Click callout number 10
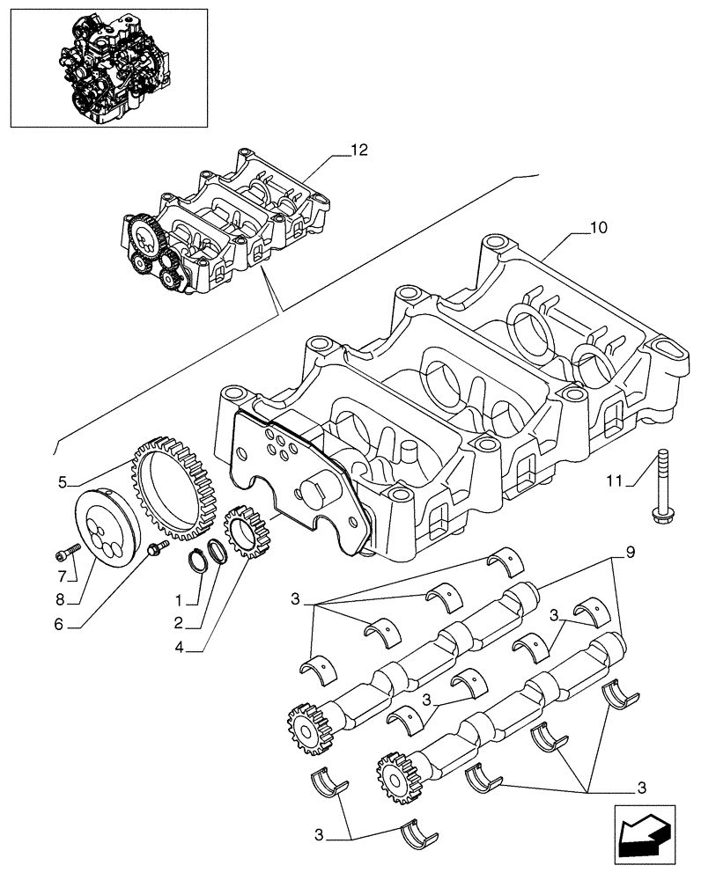[598, 228]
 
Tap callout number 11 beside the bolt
[615, 480]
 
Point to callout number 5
[63, 482]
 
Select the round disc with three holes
[107, 530]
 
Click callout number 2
[179, 624]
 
